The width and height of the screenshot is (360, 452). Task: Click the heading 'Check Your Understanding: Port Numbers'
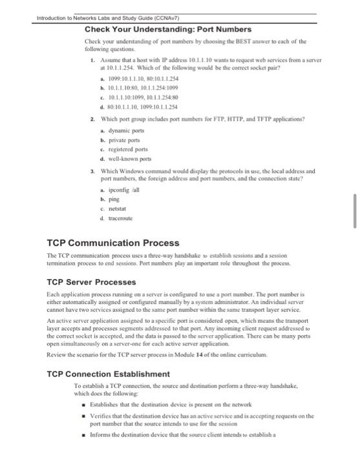158,29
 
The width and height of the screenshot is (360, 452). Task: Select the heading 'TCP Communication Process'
113,243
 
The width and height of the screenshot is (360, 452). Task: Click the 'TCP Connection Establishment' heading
109,374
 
